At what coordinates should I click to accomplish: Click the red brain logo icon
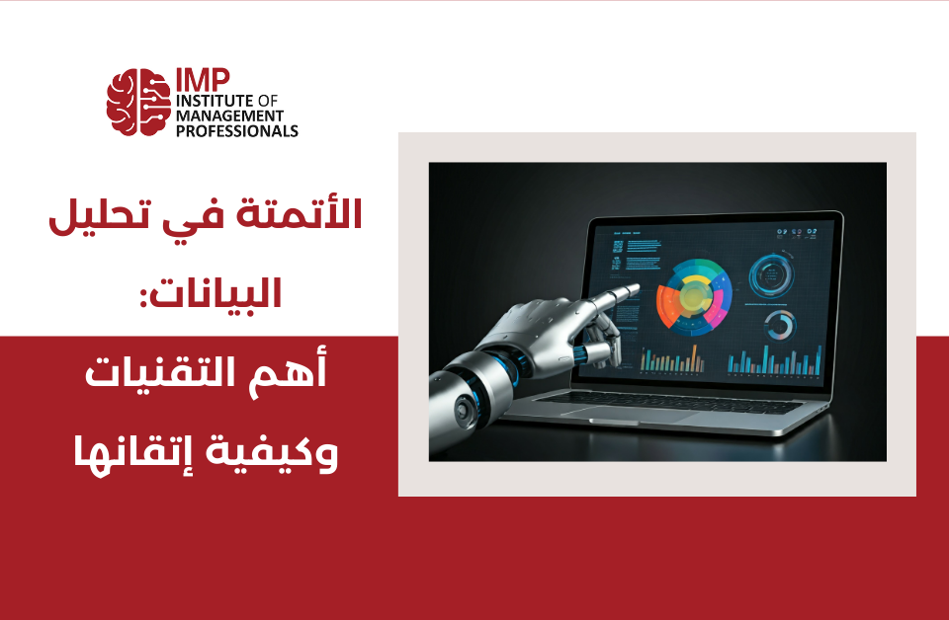(x=138, y=102)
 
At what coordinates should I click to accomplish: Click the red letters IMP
(x=203, y=80)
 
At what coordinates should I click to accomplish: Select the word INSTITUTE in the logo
(x=215, y=101)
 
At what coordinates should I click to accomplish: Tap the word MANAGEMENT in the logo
(x=229, y=116)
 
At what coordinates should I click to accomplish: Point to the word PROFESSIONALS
(x=236, y=130)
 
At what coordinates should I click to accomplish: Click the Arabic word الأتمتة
(x=299, y=214)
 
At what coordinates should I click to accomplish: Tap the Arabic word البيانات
(x=212, y=292)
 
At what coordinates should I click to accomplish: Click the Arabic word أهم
(x=288, y=370)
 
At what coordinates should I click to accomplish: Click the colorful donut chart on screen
(x=694, y=297)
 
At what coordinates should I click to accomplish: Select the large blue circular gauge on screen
(x=771, y=276)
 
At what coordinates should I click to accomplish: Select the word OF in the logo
(x=268, y=101)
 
